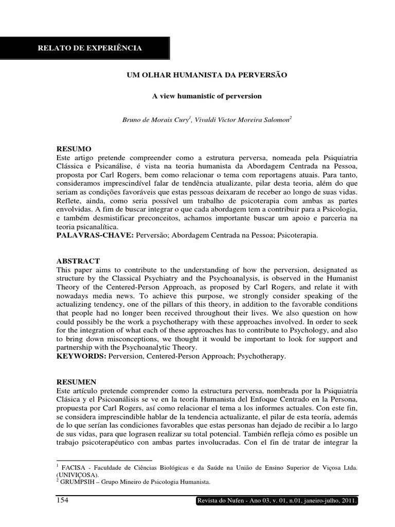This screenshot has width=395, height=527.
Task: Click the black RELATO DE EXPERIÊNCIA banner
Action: (x=90, y=49)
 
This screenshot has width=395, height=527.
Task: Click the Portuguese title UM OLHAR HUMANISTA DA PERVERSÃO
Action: (x=206, y=75)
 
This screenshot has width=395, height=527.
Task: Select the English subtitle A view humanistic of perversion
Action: (x=207, y=96)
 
